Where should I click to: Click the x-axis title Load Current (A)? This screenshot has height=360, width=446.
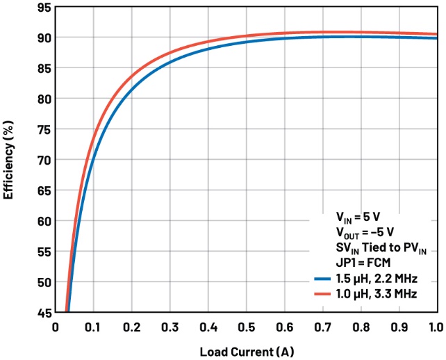click(x=246, y=351)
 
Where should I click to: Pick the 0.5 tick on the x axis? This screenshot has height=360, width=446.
click(x=246, y=327)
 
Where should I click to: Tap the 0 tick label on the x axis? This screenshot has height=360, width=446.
click(x=56, y=327)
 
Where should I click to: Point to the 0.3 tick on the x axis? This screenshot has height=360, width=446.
click(x=170, y=327)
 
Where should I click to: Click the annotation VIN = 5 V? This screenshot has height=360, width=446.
click(x=358, y=217)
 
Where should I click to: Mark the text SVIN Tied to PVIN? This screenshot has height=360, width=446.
click(x=375, y=248)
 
